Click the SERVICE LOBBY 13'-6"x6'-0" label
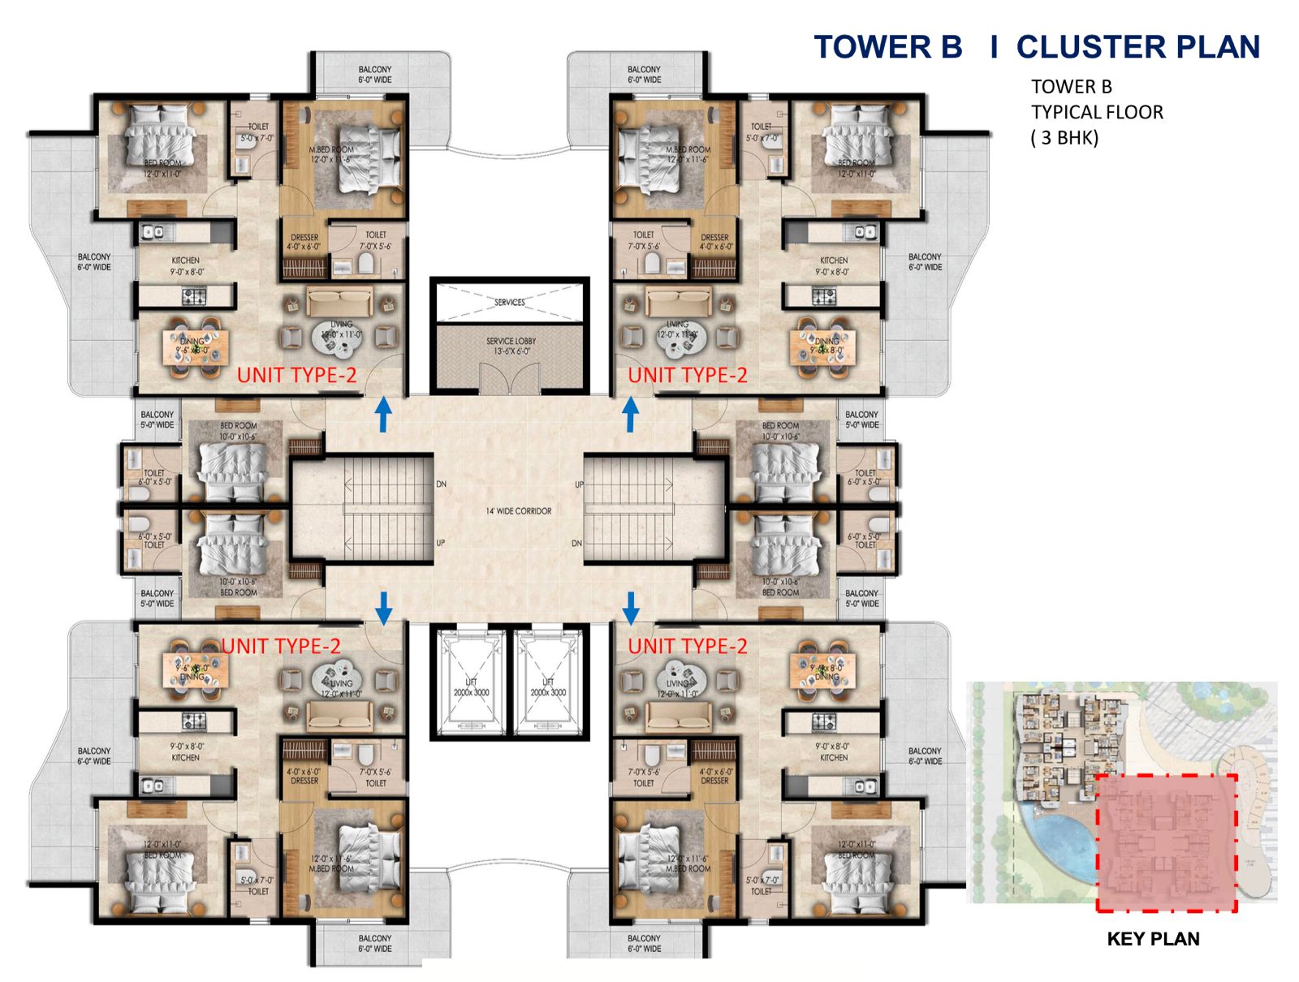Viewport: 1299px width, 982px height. [x=511, y=346]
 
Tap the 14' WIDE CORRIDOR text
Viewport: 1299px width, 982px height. [x=518, y=511]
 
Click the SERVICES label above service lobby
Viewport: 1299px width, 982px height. [x=509, y=302]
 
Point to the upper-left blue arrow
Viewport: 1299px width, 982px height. [x=383, y=414]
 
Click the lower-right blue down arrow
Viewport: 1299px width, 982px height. [x=631, y=607]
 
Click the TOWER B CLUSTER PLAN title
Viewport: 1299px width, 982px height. [x=1037, y=47]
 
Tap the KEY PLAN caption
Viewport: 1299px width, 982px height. [x=1152, y=939]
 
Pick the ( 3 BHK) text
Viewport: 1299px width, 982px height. [x=1064, y=138]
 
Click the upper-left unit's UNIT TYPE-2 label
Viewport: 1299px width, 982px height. [x=296, y=375]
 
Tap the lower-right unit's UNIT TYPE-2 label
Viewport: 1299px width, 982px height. [x=687, y=646]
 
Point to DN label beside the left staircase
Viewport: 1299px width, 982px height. [x=441, y=485]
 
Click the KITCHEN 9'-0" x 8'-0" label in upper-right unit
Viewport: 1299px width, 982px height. [x=833, y=266]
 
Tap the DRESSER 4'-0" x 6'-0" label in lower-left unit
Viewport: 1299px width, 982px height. [x=304, y=776]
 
